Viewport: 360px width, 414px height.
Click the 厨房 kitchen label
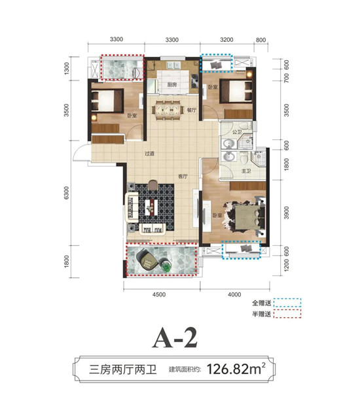coord(171,85)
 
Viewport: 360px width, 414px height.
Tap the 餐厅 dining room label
coord(192,110)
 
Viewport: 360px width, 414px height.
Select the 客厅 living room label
coord(183,177)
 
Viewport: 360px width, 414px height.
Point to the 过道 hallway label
coord(149,154)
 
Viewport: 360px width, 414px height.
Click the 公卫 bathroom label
coord(237,131)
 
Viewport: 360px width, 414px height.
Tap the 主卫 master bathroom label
coord(246,171)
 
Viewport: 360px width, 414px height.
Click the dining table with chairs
coord(168,110)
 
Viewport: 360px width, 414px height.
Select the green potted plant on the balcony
coord(166,266)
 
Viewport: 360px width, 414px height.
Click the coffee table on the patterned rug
coord(151,207)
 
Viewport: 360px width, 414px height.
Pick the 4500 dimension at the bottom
coord(159,294)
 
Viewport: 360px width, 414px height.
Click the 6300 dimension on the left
coord(66,193)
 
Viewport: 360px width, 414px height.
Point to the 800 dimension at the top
coord(261,40)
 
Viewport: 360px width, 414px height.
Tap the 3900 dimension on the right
coord(286,213)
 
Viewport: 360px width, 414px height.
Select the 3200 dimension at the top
coord(226,40)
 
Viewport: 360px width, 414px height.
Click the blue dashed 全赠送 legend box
coord(287,303)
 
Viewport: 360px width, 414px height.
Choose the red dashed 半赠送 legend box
coord(287,313)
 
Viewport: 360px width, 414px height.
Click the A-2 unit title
coord(175,337)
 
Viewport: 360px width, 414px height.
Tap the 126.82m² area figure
coord(236,369)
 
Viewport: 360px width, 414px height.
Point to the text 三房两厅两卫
coord(123,369)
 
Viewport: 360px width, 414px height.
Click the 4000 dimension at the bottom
coord(234,294)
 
